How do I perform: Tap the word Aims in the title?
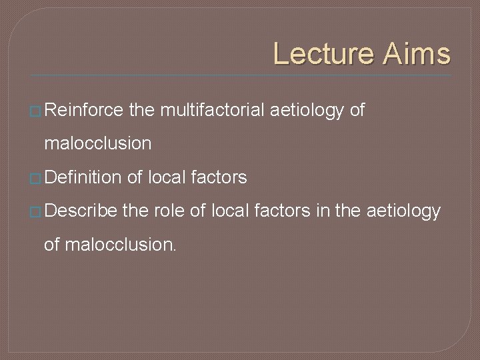417,54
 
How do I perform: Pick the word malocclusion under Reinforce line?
97,143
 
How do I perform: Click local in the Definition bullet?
167,177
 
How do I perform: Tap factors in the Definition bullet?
219,177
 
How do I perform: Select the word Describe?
82,211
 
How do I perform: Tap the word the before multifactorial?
141,111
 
